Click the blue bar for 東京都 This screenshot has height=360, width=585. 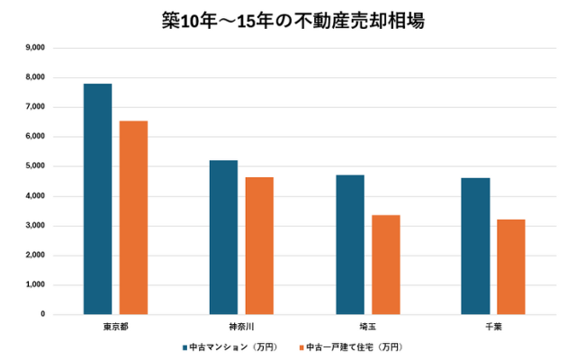pyautogui.click(x=97, y=199)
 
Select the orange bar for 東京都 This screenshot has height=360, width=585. pyautogui.click(x=133, y=218)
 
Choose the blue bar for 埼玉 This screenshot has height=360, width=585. pyautogui.click(x=349, y=245)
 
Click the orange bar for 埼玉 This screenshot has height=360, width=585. pyautogui.click(x=385, y=265)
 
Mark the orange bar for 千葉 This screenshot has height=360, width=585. pyautogui.click(x=511, y=266)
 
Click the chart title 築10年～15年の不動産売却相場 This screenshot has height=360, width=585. pyautogui.click(x=292, y=20)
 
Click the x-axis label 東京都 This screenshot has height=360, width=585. pyautogui.click(x=115, y=326)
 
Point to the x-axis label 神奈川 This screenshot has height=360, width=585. pyautogui.click(x=241, y=326)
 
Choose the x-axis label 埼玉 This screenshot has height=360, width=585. pyautogui.click(x=367, y=326)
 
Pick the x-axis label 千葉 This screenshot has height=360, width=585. pyautogui.click(x=493, y=326)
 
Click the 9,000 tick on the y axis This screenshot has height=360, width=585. pyautogui.click(x=35, y=48)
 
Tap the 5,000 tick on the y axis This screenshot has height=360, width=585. pyautogui.click(x=35, y=166)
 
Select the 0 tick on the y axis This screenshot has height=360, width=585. pyautogui.click(x=42, y=314)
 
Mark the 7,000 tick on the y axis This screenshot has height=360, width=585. pyautogui.click(x=35, y=107)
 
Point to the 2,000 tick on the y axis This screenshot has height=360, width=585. pyautogui.click(x=35, y=255)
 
